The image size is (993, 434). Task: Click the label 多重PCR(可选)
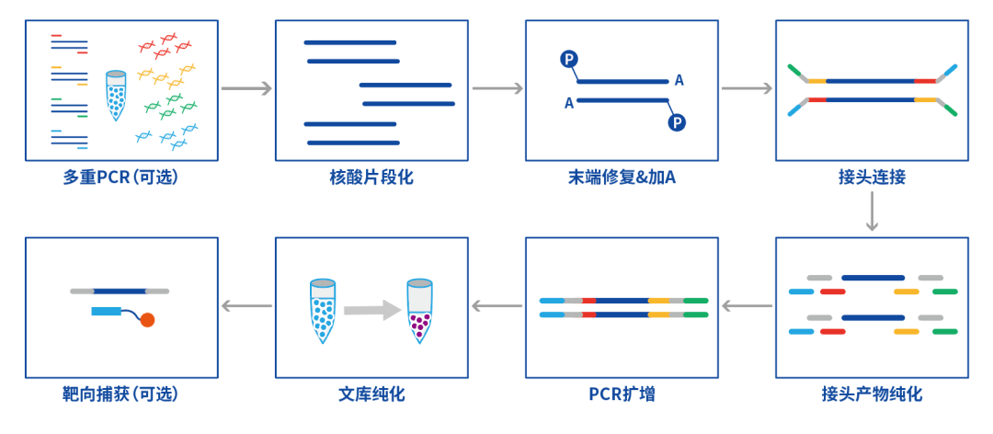point(121,177)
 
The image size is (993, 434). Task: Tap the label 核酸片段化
point(371,177)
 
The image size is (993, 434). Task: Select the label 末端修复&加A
point(622,177)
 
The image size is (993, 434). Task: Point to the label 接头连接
point(872,177)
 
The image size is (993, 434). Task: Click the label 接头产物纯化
point(872,394)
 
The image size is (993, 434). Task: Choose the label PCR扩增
point(622,394)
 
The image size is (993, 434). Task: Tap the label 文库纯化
point(371,394)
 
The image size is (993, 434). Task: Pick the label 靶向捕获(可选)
point(121,394)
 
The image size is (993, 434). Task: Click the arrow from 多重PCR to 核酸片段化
point(246,88)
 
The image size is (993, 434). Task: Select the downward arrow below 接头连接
point(872,211)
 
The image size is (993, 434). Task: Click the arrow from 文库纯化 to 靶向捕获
point(246,307)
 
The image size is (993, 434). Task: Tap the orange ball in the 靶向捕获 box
point(147,320)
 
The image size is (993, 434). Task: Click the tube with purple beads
point(419,311)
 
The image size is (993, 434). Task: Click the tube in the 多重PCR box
point(116,96)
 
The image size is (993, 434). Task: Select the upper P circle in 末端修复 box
point(569,60)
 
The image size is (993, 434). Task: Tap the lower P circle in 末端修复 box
point(677,121)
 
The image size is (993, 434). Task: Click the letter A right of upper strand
point(679,81)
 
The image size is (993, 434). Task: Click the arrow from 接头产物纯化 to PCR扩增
point(748,307)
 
